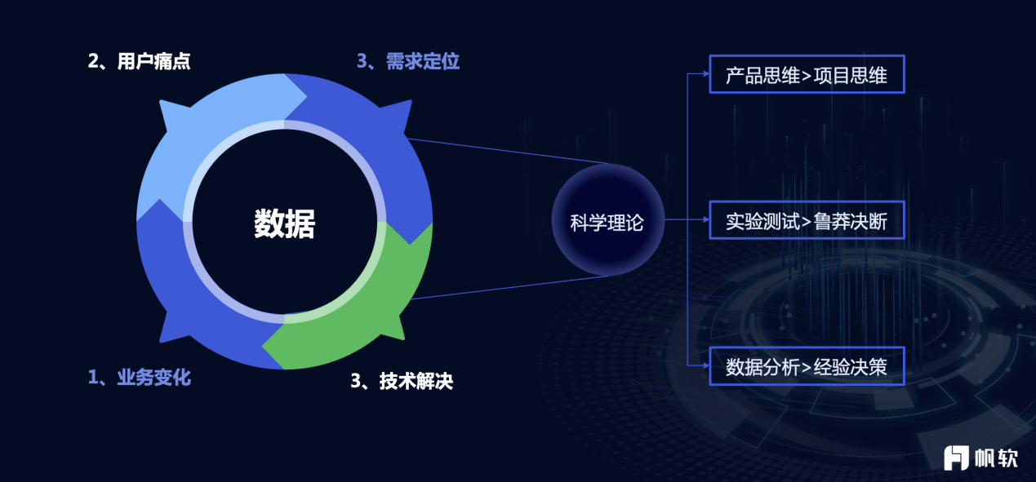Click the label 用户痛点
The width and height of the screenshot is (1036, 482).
[153, 61]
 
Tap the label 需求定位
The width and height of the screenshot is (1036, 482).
[422, 61]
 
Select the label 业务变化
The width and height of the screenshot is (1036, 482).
[153, 378]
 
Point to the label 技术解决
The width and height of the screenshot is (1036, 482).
[416, 381]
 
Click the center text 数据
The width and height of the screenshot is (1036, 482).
[284, 223]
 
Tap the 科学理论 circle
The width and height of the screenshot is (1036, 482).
[607, 220]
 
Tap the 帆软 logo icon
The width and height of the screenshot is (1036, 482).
[956, 458]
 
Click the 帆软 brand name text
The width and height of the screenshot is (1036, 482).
[997, 458]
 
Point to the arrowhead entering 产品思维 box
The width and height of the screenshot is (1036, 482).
[706, 73]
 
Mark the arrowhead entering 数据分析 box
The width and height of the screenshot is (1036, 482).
[706, 365]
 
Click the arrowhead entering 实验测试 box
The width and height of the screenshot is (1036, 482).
[706, 219]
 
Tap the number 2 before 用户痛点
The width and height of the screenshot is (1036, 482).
[93, 61]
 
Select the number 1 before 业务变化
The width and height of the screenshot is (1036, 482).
[93, 378]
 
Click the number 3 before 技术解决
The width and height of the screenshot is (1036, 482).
[356, 381]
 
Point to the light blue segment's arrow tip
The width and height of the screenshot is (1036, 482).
[307, 96]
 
